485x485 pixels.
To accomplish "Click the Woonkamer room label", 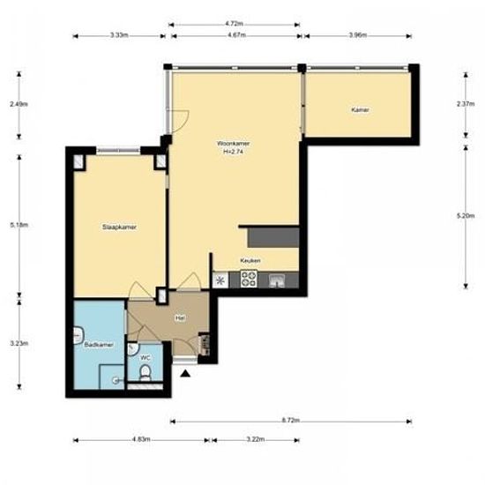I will pos(232,142).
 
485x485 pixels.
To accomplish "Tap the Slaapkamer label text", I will pos(118,227).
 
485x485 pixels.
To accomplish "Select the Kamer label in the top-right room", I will pos(360,110).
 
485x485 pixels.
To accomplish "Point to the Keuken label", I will pos(250,262).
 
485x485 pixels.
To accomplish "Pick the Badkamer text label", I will pos(97,346).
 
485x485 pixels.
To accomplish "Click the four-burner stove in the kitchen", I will pos(248,282).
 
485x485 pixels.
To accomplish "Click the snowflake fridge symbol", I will pos(220,282).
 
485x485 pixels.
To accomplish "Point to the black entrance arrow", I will pos(185,374).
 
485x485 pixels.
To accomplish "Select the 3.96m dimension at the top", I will pos(357,36).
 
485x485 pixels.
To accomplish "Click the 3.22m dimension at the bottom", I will pos(256,438).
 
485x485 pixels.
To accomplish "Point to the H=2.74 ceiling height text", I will pos(233,151).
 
